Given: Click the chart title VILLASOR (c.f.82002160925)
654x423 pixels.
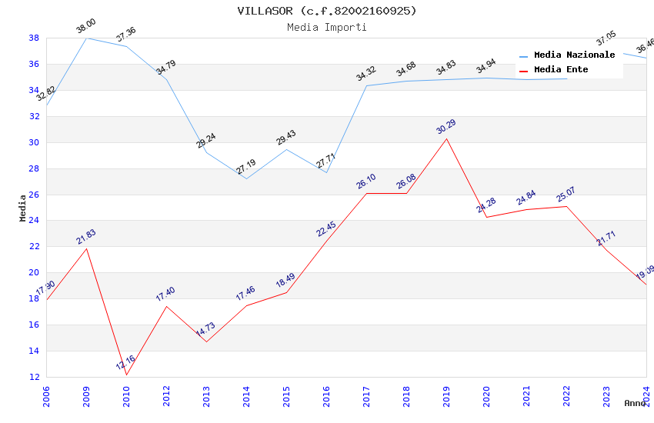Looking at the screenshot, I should [327, 11].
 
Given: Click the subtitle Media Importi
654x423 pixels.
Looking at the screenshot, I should [327, 27].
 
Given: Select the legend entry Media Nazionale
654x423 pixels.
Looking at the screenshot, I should [574, 55].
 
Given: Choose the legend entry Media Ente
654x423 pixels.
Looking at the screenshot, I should [561, 70].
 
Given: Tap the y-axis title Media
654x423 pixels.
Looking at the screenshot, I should [23, 208].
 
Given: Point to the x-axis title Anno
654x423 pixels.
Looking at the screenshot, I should [635, 403].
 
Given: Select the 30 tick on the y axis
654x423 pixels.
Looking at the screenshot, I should [34, 142].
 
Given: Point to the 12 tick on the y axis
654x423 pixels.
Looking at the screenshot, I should [34, 377].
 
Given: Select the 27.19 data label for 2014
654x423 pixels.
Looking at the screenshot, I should [246, 167].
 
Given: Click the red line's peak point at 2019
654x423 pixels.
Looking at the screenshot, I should [446, 138].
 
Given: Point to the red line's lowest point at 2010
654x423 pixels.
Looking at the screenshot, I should [126, 375].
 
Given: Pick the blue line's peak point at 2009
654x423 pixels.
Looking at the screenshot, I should [86, 38].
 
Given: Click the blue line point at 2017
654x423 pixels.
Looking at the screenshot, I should [366, 85].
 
